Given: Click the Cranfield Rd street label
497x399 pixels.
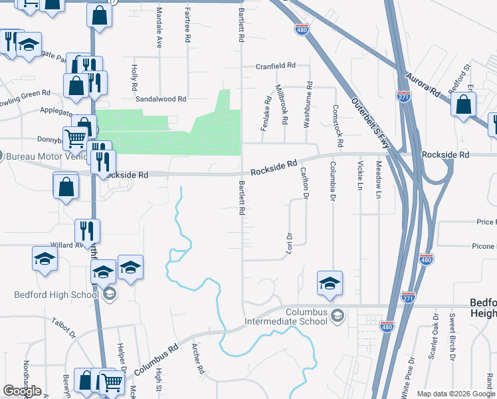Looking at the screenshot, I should (x=275, y=66).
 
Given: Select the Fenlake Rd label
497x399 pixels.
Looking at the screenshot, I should (x=266, y=114).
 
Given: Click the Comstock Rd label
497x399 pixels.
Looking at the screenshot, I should (x=338, y=126).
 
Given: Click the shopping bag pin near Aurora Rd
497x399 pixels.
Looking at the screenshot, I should (x=464, y=105).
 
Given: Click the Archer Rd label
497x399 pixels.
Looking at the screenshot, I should (x=197, y=358).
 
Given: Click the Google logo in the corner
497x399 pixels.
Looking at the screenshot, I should (x=21, y=391).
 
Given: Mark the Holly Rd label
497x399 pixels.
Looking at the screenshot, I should (x=134, y=78).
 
